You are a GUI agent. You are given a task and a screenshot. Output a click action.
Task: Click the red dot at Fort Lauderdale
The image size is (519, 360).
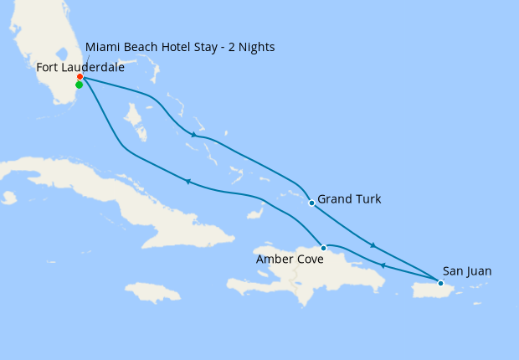pyautogui.click(x=80, y=77)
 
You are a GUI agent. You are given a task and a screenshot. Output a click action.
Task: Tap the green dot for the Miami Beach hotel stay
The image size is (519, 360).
pyautogui.click(x=79, y=85)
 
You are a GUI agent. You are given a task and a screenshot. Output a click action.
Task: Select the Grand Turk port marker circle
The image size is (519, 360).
pyautogui.click(x=311, y=203)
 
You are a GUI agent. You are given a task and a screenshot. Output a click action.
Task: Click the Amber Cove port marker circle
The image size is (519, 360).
pyautogui.click(x=323, y=248)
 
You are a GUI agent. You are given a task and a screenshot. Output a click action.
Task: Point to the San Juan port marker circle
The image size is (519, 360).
pyautogui.click(x=440, y=283)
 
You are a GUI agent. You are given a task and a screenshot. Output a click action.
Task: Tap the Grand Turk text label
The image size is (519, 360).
pyautogui.click(x=349, y=199)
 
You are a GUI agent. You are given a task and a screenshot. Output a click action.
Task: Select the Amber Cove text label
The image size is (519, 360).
pyautogui.click(x=290, y=260)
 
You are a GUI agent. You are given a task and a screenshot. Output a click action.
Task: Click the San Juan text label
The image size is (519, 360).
pyautogui.click(x=467, y=271)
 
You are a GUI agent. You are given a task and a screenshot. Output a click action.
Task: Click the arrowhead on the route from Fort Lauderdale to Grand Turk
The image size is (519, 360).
pyautogui.click(x=194, y=135)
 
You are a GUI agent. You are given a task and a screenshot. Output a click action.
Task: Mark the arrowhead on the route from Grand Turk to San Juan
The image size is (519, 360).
pyautogui.click(x=373, y=245)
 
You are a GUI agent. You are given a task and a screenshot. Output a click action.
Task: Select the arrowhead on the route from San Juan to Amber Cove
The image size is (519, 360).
pyautogui.click(x=383, y=265)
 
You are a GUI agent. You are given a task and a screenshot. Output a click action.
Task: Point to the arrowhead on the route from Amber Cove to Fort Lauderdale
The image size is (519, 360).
pyautogui.click(x=188, y=181)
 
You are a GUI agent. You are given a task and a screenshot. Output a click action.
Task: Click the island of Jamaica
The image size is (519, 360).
pyautogui.click(x=153, y=292)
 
